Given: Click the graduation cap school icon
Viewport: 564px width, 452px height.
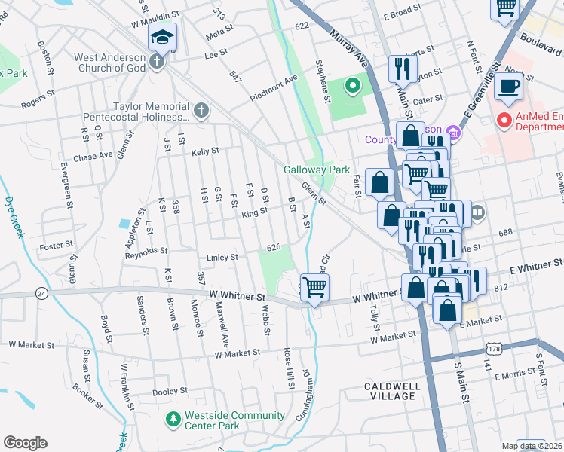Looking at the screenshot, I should [x=162, y=37].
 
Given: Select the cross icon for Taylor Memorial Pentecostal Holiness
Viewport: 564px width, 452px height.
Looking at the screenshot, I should [x=200, y=111].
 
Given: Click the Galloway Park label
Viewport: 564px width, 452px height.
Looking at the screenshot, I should [x=317, y=169].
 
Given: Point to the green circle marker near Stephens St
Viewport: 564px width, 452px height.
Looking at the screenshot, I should [x=352, y=86].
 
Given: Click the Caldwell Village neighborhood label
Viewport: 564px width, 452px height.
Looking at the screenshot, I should [x=392, y=390].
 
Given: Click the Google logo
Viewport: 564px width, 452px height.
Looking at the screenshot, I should [x=25, y=443].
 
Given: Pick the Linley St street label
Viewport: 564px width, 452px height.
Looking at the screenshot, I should [x=222, y=258].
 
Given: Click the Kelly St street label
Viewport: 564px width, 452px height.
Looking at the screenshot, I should [x=204, y=151].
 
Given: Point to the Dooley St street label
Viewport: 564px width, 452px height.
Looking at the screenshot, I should [x=170, y=392].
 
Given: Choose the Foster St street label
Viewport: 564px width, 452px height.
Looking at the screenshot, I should [x=57, y=245].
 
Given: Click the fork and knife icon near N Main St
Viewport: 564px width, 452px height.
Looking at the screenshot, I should [x=400, y=69].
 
